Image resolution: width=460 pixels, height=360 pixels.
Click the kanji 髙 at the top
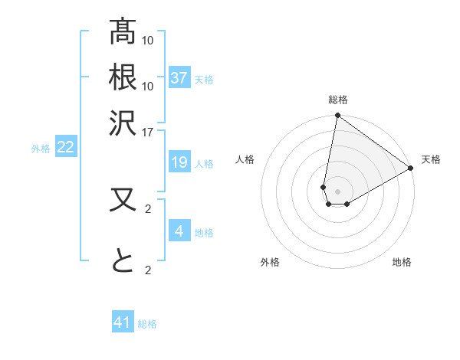coord(123,33)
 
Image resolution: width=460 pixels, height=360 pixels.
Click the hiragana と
coord(123,262)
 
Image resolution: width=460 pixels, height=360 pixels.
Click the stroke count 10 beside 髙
coord(148,39)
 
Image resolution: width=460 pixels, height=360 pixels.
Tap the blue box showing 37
coord(179,78)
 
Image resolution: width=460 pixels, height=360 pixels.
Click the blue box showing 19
coord(179,162)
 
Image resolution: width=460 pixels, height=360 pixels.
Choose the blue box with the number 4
coord(179,231)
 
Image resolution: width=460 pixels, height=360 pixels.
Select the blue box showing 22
coord(65,147)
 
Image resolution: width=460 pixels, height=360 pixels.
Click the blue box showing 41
coord(123,322)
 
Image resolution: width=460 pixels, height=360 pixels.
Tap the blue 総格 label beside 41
coord(147,324)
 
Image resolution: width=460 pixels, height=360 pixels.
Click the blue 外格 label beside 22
coord(41,149)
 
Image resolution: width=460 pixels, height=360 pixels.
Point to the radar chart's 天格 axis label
coord(431,160)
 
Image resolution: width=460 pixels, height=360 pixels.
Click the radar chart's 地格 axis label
coord(402,262)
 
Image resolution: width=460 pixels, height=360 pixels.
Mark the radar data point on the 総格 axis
coord(337,116)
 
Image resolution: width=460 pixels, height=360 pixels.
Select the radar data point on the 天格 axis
coord(411,168)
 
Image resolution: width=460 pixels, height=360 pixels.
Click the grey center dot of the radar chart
coord(337,191)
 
